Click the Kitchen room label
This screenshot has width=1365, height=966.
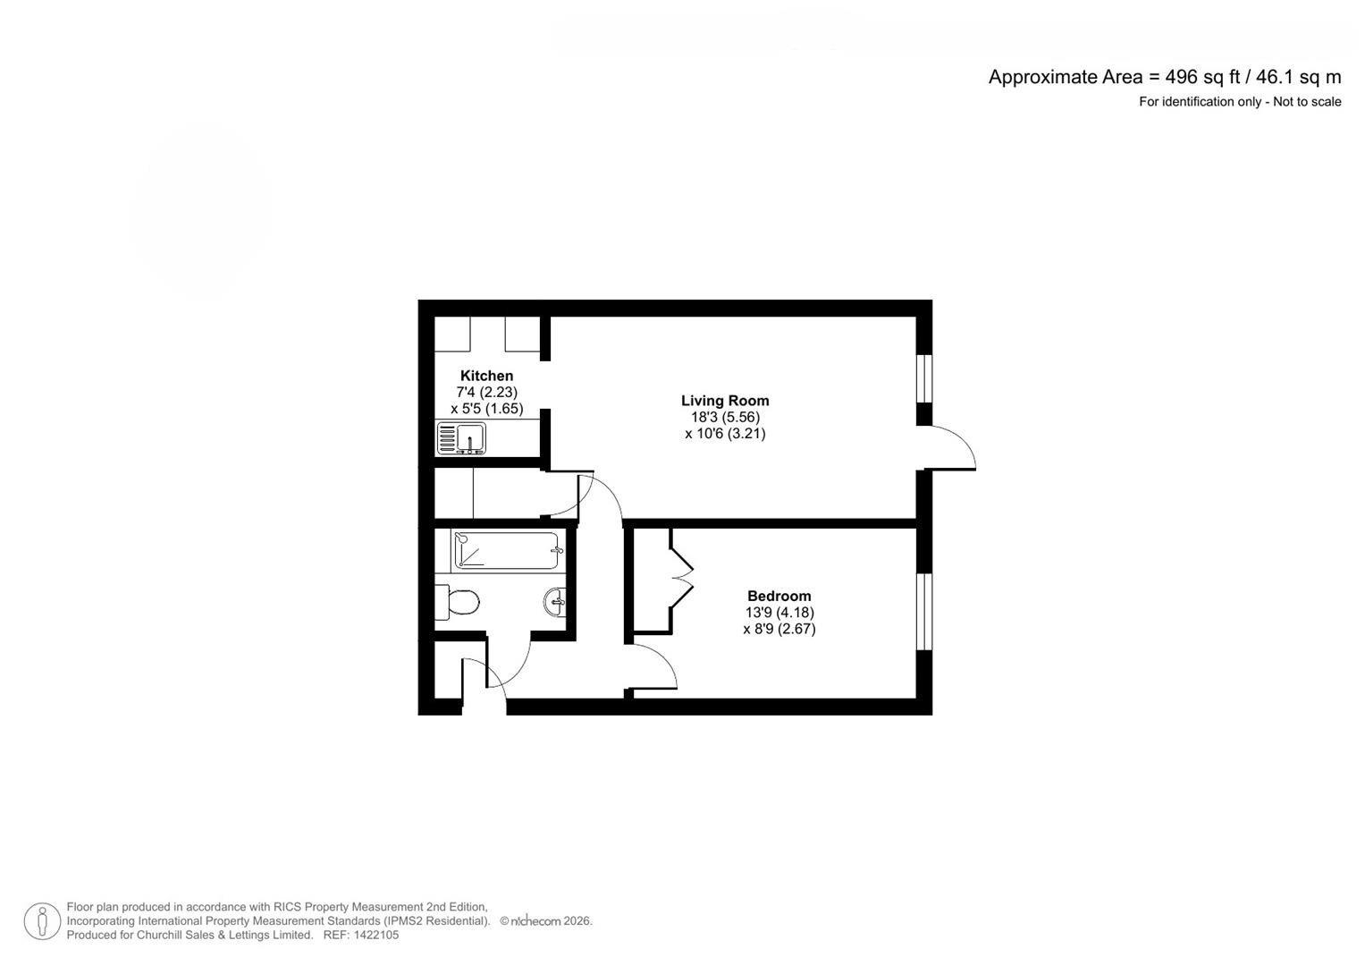point(486,376)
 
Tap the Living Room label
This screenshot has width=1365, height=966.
point(725,401)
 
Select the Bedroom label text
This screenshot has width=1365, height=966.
point(779,596)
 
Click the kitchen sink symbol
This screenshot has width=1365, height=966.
point(461,438)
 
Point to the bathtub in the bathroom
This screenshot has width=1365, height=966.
point(507,550)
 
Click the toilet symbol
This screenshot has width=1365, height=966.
point(458,602)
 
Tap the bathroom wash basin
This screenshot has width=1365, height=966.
point(554,602)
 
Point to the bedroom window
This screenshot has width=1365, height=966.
point(924,612)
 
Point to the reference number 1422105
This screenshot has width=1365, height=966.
point(376,936)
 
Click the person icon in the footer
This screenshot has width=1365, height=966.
point(42,921)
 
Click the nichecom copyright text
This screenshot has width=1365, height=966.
point(545,921)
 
